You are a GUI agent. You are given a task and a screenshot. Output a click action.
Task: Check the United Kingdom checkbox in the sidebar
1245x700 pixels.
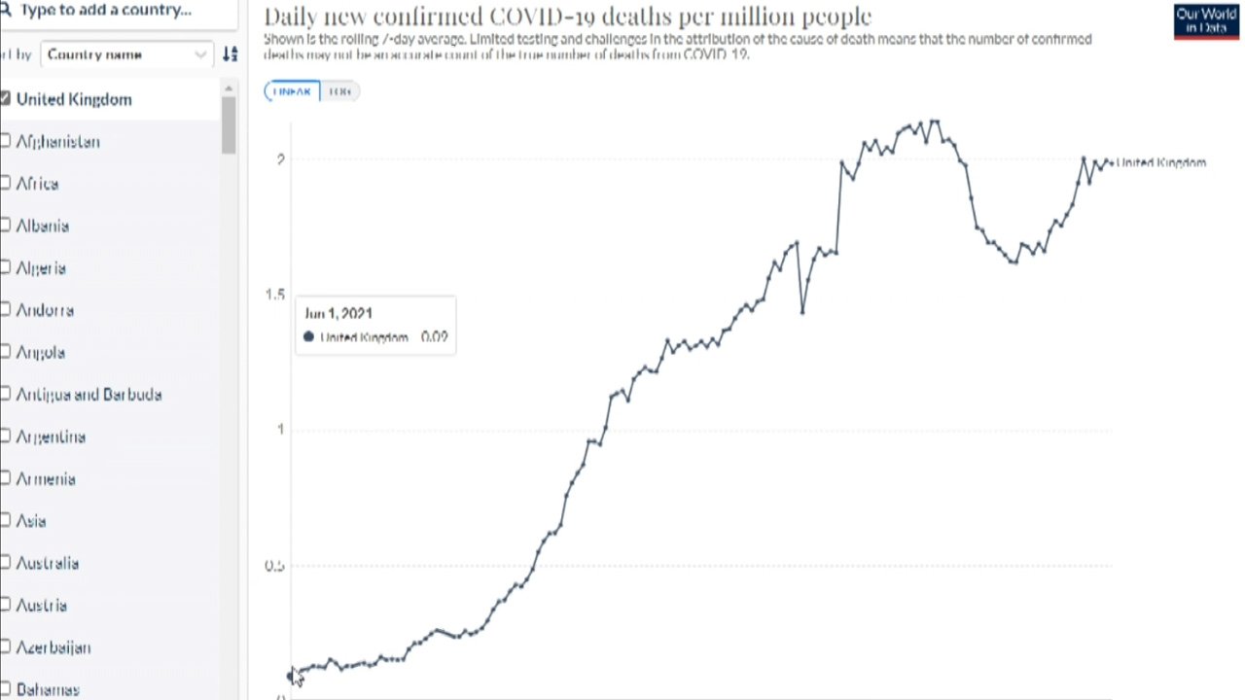6,99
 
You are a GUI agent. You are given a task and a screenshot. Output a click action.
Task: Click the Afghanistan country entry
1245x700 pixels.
57,142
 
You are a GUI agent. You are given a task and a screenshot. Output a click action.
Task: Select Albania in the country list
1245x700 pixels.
43,226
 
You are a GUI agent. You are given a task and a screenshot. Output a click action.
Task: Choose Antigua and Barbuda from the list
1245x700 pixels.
89,395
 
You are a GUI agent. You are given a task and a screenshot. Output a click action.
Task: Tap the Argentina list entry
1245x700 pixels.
51,437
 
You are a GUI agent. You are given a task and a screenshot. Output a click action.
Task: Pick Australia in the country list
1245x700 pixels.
47,563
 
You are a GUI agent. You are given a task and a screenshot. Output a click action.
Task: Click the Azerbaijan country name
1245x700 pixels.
53,647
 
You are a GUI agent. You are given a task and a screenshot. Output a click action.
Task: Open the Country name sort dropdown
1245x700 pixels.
126,54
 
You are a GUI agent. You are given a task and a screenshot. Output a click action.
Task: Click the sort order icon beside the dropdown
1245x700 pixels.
230,54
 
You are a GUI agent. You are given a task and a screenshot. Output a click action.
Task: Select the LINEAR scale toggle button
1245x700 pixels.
292,91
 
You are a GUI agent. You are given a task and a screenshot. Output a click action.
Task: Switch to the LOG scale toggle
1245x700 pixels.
339,91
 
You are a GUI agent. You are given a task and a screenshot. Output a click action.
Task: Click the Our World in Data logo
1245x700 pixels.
1206,20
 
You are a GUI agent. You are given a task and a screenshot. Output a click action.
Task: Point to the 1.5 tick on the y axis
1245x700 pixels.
276,295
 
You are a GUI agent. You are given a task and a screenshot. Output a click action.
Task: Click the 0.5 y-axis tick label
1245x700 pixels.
275,566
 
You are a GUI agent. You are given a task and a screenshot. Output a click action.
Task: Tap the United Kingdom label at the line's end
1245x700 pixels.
1161,162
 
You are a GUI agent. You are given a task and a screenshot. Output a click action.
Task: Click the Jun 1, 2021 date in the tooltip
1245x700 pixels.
338,313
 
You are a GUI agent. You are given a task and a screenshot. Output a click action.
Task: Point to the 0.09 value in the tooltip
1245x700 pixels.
434,337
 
